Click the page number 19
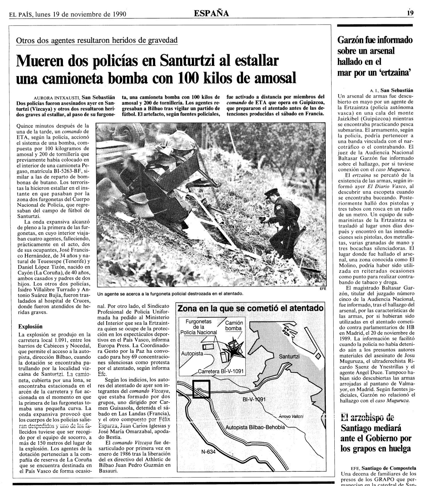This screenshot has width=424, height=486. (411, 13)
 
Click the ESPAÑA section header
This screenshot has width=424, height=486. (211, 13)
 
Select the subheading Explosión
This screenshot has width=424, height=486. (30, 326)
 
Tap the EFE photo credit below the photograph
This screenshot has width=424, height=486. (323, 289)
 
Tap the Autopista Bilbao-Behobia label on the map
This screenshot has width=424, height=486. (255, 427)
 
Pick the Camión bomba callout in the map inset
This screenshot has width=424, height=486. (234, 325)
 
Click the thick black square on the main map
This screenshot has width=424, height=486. (201, 389)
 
